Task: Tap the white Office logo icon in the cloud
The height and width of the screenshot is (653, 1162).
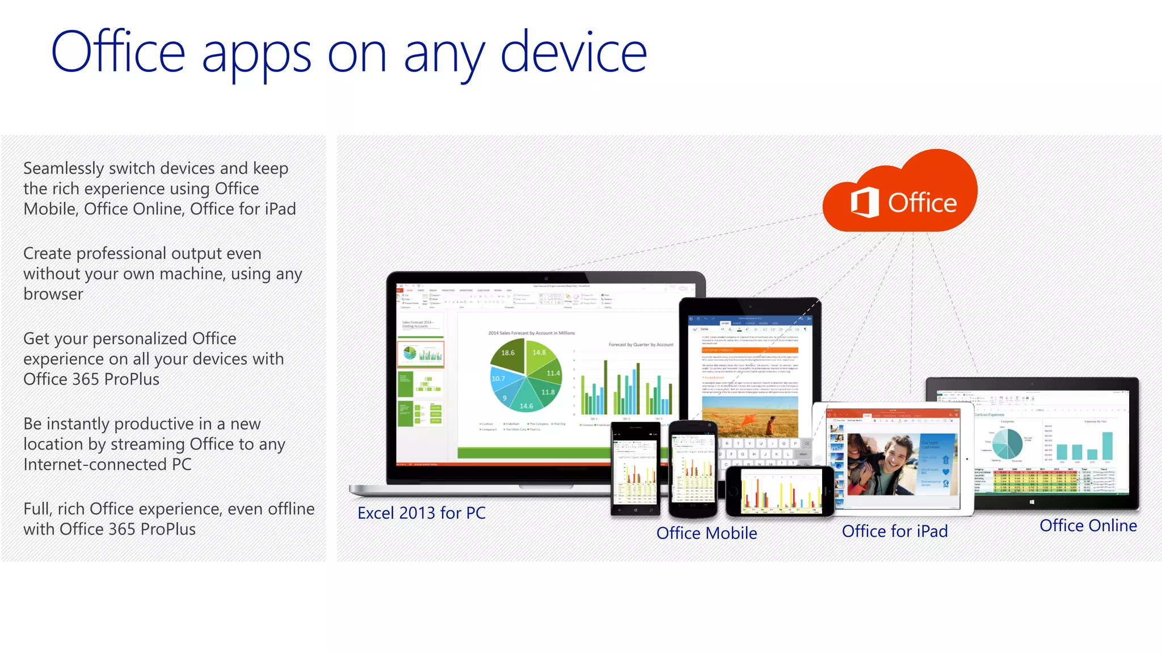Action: click(x=864, y=202)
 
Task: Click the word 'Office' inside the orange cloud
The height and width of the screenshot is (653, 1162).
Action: click(x=922, y=203)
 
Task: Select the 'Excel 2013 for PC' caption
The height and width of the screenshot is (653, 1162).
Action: click(x=421, y=513)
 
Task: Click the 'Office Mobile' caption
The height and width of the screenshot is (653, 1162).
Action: click(x=706, y=533)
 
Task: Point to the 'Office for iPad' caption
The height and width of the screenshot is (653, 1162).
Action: click(x=894, y=531)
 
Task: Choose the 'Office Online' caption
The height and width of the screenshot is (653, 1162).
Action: click(x=1088, y=525)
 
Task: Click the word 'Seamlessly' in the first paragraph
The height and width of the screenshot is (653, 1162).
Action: click(x=64, y=168)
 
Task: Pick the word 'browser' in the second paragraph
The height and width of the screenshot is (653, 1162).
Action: click(x=53, y=294)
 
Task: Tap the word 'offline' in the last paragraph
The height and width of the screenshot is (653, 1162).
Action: click(x=290, y=508)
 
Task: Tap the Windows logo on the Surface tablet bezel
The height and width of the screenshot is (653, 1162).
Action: click(x=1031, y=502)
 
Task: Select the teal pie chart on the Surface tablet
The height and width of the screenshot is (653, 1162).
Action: click(x=1007, y=444)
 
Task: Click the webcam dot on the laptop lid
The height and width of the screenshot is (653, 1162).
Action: click(x=546, y=278)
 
